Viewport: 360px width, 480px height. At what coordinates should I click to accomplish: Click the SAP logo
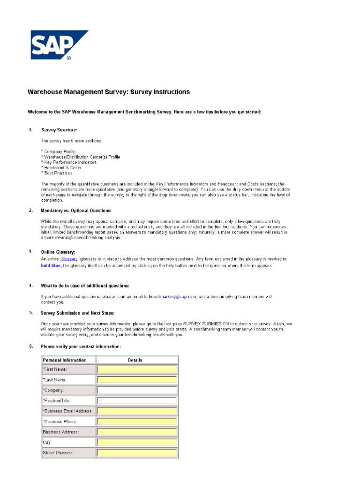[x=60, y=45]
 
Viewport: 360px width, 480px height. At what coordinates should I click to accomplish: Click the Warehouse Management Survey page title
[x=109, y=92]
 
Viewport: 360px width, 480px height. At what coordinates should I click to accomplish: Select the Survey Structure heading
[x=60, y=130]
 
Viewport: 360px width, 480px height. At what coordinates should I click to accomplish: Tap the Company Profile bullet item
[x=59, y=152]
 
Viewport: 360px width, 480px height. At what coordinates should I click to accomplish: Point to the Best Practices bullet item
[x=57, y=173]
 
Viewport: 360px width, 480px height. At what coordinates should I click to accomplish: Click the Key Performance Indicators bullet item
[x=69, y=162]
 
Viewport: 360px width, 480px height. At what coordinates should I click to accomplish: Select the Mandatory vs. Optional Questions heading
[x=76, y=210]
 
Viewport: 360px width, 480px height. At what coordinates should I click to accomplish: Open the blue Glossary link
[x=69, y=259]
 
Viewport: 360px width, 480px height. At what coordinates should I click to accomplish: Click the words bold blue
[x=51, y=266]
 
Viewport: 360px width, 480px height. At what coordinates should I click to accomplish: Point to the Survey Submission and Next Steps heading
[x=78, y=313]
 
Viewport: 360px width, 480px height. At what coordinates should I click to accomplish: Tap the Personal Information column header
[x=65, y=360]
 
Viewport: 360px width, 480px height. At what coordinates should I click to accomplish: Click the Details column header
[x=135, y=360]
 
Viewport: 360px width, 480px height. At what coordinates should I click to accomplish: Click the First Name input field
[x=137, y=369]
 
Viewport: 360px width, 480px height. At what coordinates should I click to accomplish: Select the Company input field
[x=137, y=390]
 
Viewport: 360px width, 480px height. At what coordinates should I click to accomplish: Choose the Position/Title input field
[x=137, y=400]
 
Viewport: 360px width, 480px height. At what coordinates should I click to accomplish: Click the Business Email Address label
[x=68, y=411]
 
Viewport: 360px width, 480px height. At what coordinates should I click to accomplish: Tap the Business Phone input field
[x=137, y=421]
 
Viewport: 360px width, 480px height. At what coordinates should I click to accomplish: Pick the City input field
[x=137, y=442]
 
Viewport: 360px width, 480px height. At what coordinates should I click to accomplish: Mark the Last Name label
[x=55, y=380]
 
